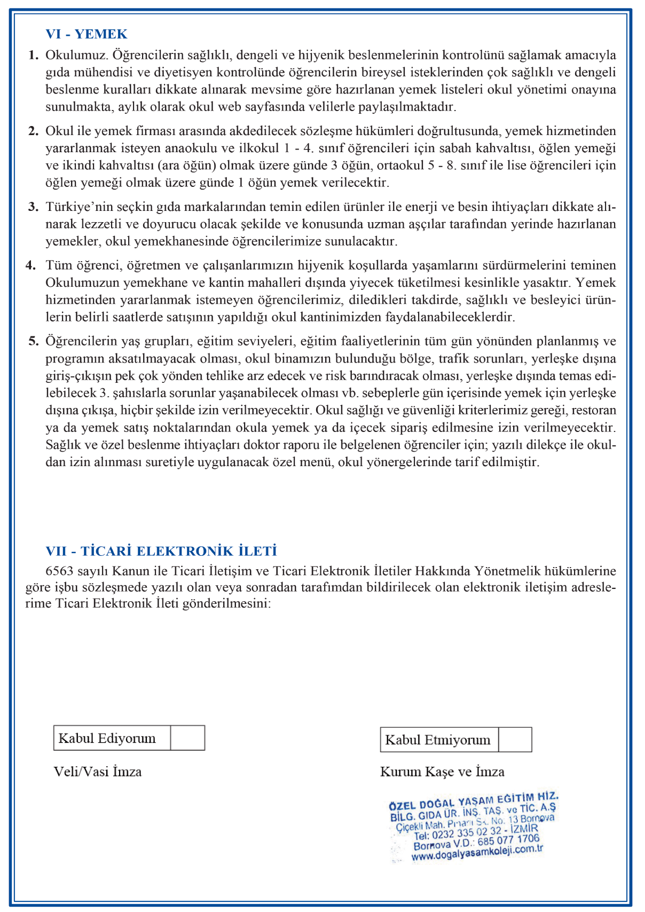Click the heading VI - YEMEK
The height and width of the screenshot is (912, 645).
(86, 34)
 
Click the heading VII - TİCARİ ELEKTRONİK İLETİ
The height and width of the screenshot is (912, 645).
(161, 551)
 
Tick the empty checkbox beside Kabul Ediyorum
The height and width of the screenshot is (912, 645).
(187, 738)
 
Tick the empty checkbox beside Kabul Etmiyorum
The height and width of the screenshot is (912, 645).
(515, 740)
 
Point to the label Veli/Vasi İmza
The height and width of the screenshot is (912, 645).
(98, 772)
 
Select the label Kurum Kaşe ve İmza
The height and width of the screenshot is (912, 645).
(442, 772)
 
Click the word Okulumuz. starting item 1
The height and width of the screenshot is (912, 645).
(77, 55)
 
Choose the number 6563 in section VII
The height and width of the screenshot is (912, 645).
(59, 571)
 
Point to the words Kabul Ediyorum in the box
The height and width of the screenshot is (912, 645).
(107, 738)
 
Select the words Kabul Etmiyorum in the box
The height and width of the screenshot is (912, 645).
(438, 740)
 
